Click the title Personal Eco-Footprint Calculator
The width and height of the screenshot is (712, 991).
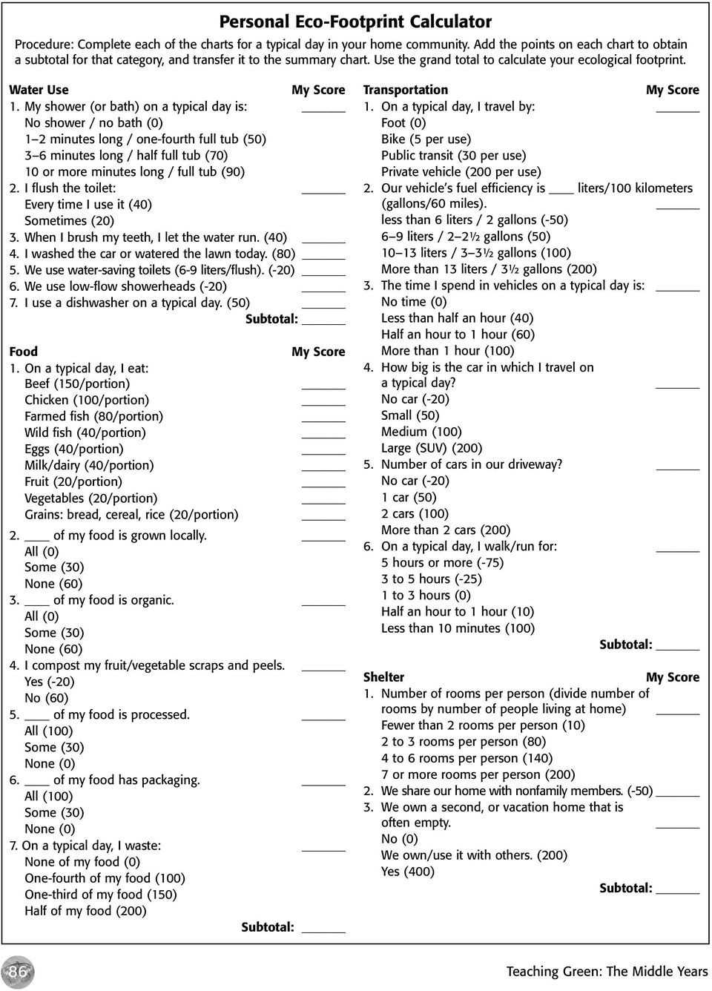point(355,22)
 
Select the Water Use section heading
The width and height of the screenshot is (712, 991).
point(39,90)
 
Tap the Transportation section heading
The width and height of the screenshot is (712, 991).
point(405,90)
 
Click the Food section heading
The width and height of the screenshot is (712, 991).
point(23,352)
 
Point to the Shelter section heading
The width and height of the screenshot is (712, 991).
point(383,676)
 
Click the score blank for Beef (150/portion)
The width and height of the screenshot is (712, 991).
point(323,386)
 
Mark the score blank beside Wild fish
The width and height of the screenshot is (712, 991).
point(323,435)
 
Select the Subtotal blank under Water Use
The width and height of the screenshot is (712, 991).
point(323,321)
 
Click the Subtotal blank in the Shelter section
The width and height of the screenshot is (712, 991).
point(678,890)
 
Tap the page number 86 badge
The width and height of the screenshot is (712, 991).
point(18,971)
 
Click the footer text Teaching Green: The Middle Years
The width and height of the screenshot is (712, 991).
point(607,971)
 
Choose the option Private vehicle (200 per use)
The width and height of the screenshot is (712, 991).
point(461,171)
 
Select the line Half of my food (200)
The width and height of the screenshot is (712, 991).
point(85,911)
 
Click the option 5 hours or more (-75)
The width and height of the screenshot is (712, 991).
point(442,562)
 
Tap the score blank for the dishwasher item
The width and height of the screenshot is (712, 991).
point(323,305)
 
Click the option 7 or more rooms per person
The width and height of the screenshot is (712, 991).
point(478,774)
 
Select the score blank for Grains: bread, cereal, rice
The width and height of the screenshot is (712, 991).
point(323,516)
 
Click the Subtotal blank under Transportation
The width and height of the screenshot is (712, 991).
point(678,647)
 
